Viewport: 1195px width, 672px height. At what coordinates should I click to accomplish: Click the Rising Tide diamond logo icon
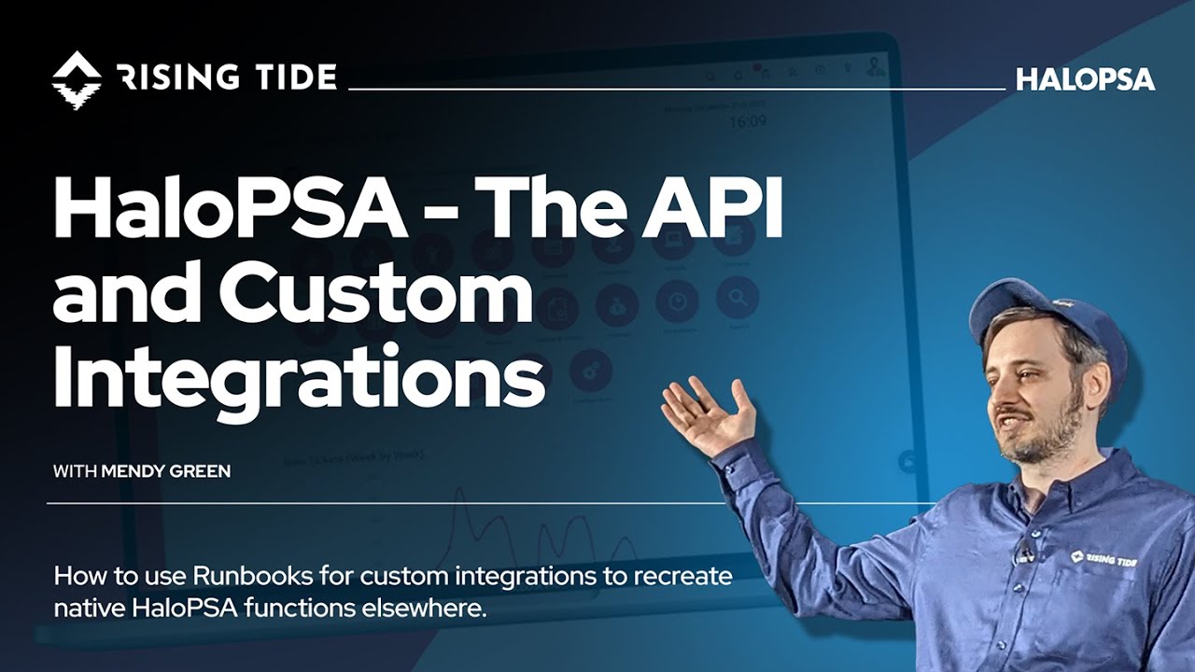tap(77, 77)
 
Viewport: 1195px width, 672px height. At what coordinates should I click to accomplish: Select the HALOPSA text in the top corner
tap(1085, 79)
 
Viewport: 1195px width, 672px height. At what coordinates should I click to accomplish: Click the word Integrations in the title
tap(299, 379)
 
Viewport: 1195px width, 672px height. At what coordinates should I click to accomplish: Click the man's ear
tap(1096, 373)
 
